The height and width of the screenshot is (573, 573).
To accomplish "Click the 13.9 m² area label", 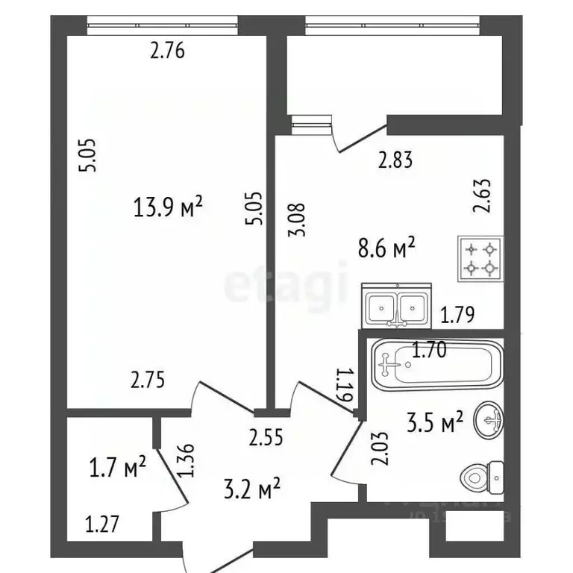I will [168, 207].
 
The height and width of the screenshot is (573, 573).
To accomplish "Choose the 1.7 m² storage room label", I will [118, 469].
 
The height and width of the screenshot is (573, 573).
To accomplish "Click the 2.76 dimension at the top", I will [167, 51].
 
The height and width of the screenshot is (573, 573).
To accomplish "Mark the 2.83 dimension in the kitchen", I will [395, 159].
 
